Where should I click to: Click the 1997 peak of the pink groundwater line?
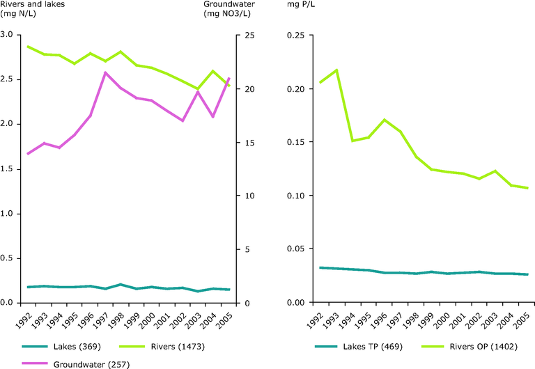pyautogui.click(x=105, y=72)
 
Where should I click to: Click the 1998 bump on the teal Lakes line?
pyautogui.click(x=121, y=284)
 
